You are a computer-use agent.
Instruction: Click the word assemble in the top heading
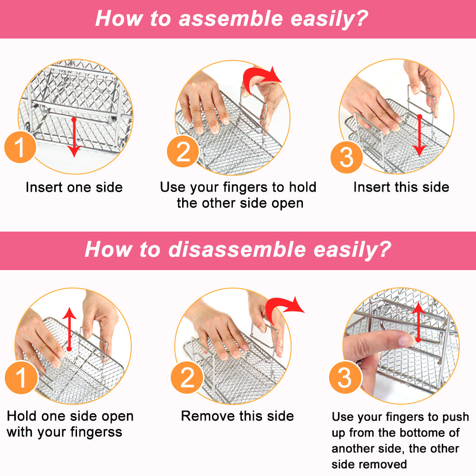point(231,19)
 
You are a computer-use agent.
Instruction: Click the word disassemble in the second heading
point(237,250)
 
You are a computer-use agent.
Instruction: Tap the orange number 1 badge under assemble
point(20,147)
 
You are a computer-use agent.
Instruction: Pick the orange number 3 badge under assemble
point(347,157)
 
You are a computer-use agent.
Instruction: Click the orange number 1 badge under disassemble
point(21,378)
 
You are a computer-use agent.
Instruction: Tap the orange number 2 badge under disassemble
point(187,378)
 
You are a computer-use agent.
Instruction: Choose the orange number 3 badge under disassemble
point(345,378)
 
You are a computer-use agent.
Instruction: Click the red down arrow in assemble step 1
point(74,137)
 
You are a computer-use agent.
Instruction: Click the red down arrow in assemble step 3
point(419,136)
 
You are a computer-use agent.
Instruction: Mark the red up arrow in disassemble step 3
point(418,322)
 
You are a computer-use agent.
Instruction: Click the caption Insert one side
point(74,187)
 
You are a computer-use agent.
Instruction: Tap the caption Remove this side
point(237,416)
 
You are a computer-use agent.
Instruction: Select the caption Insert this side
point(401,187)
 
